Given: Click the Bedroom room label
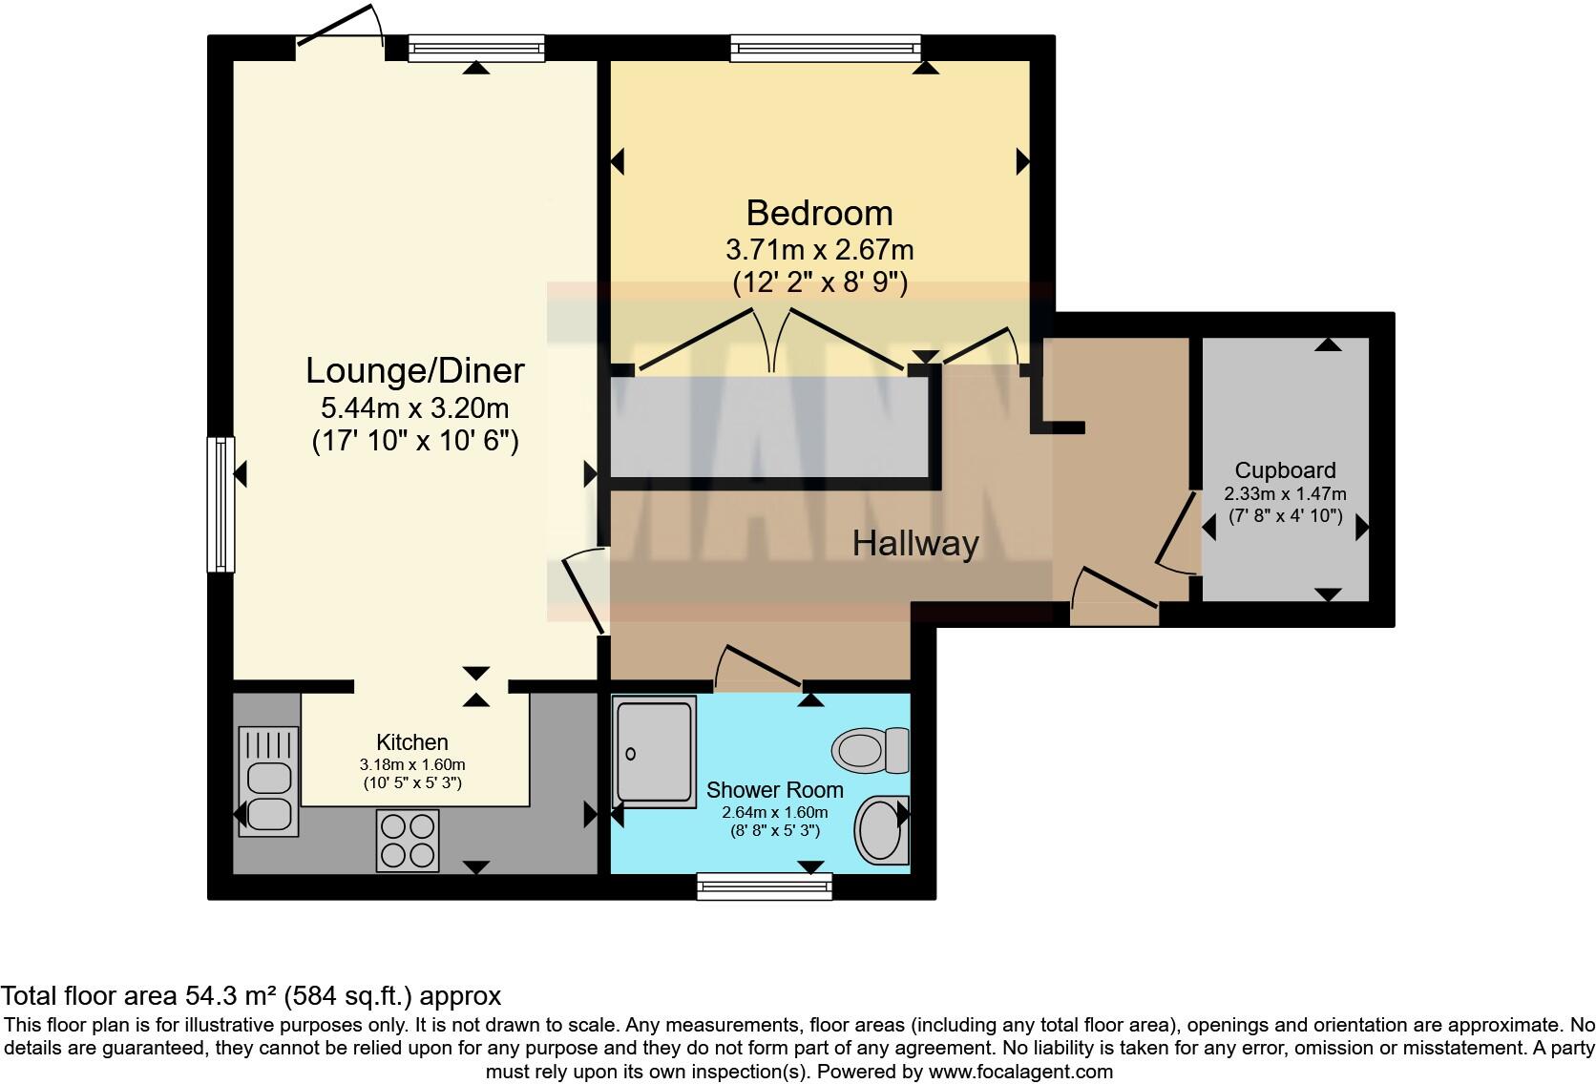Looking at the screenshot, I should pyautogui.click(x=819, y=212).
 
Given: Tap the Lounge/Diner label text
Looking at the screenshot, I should pyautogui.click(x=414, y=370).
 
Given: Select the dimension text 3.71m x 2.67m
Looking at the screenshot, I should pyautogui.click(x=819, y=250).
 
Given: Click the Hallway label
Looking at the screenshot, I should pyautogui.click(x=915, y=544).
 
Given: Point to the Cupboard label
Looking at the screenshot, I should pyautogui.click(x=1285, y=470).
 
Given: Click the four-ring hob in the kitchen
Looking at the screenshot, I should pyautogui.click(x=409, y=840).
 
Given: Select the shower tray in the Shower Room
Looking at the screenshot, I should pyautogui.click(x=655, y=752).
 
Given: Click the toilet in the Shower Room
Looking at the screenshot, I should pyautogui.click(x=871, y=749).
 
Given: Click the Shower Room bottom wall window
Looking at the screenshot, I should pyautogui.click(x=764, y=887).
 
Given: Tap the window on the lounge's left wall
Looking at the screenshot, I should pyautogui.click(x=220, y=504).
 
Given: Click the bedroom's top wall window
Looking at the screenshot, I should pyautogui.click(x=826, y=48).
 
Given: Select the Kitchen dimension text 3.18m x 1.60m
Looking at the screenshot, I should pyautogui.click(x=412, y=764).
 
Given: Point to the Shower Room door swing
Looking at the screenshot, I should pyautogui.click(x=759, y=668).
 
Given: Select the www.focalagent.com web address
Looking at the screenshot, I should pyautogui.click(x=1020, y=1072).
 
